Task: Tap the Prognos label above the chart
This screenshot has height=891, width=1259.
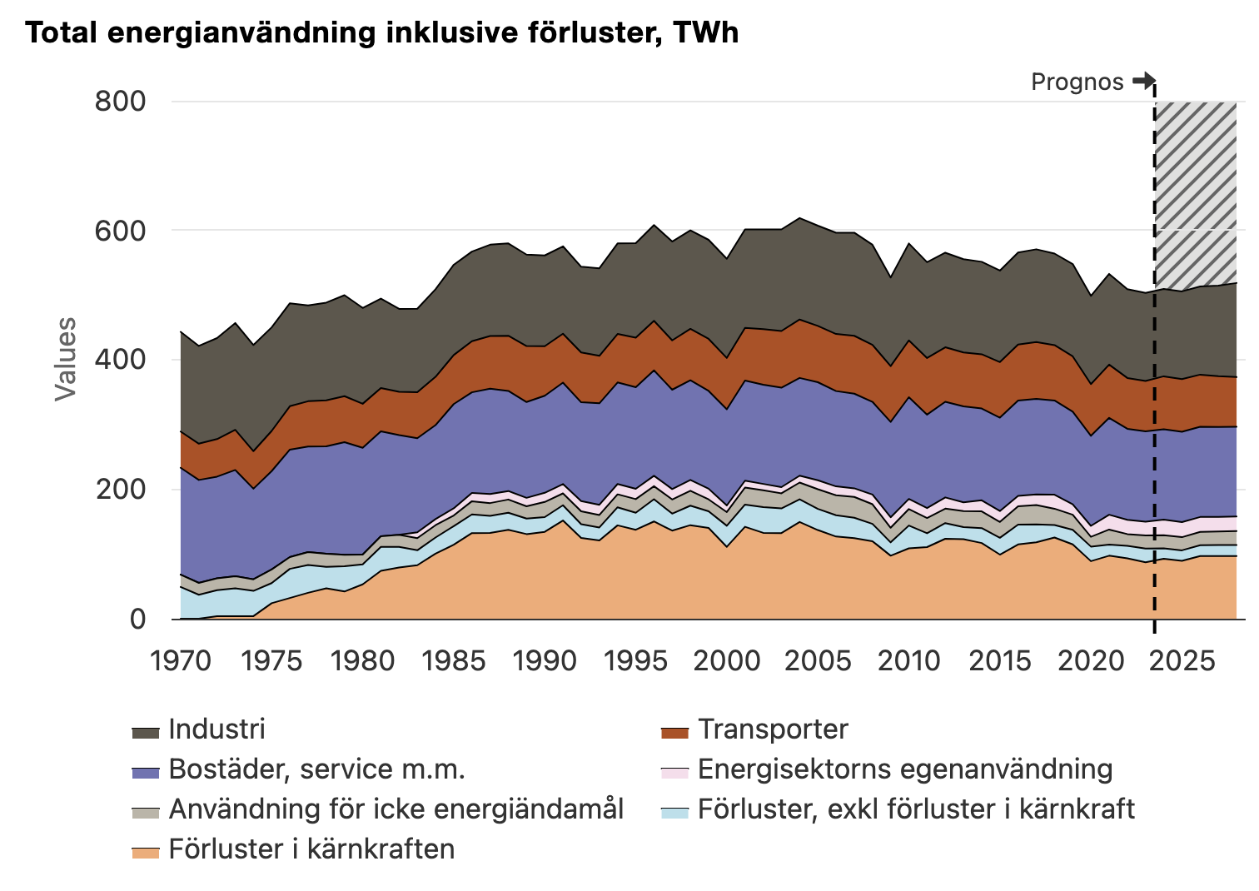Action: click(1077, 82)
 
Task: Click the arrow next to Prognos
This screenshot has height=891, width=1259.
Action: click(1143, 81)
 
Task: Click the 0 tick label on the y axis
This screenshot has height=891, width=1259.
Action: click(137, 620)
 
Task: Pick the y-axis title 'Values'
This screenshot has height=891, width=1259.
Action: click(65, 359)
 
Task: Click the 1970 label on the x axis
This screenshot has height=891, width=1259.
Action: click(181, 661)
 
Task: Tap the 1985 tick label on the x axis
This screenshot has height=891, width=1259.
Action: click(454, 661)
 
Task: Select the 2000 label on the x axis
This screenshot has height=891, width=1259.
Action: click(727, 661)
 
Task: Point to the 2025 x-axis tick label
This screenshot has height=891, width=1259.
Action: click(1182, 661)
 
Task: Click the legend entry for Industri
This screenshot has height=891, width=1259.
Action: click(216, 729)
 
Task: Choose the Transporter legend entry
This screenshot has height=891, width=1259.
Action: click(772, 729)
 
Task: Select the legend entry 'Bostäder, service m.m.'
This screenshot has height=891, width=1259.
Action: click(316, 769)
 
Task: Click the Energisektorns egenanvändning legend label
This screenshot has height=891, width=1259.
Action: click(904, 769)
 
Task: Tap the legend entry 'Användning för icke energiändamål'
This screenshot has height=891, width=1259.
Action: click(396, 809)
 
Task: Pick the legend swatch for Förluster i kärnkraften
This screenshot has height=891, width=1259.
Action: click(146, 851)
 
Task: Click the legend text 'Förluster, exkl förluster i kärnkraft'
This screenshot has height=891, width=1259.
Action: click(916, 809)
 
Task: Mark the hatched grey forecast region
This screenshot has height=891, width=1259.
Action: click(1195, 192)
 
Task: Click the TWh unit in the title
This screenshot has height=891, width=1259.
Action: click(705, 32)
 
